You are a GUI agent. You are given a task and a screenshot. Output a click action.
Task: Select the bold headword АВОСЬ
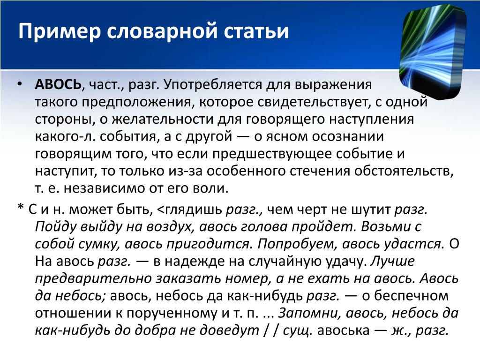click(x=58, y=84)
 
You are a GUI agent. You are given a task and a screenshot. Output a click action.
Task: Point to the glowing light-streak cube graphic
click(x=433, y=52)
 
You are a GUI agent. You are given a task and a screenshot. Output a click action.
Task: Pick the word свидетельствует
click(x=312, y=102)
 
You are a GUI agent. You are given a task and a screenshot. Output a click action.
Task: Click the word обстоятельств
click(x=402, y=171)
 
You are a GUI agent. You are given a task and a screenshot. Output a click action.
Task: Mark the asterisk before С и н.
click(x=21, y=207)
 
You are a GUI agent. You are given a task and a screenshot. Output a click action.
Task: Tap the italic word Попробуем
click(x=298, y=244)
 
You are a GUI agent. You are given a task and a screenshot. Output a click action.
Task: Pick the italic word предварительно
click(x=93, y=279)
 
